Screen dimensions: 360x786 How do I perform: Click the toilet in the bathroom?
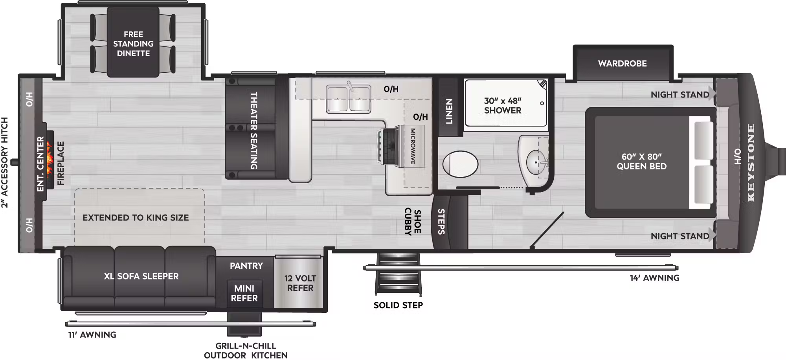tap(460, 164)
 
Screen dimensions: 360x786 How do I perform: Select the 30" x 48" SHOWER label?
tap(503, 106)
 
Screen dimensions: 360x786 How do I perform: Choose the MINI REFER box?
tap(244, 293)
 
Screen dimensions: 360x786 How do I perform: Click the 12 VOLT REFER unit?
tap(300, 283)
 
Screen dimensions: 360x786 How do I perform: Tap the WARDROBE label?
tap(622, 63)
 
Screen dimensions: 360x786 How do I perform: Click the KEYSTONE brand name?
tap(751, 163)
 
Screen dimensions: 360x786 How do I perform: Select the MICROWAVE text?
tap(413, 146)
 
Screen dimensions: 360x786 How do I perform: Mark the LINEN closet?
tap(449, 111)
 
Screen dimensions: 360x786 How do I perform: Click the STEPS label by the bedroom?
tap(441, 222)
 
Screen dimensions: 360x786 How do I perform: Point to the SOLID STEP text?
tap(398, 305)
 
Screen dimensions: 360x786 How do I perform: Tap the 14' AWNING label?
tap(654, 278)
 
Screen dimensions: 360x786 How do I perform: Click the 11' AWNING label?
tap(92, 335)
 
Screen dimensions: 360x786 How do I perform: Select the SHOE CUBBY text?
tap(413, 222)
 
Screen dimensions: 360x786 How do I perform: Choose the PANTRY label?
tap(246, 266)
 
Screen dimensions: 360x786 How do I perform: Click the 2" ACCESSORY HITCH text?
tap(5, 162)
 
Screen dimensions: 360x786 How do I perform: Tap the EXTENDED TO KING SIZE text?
tap(136, 218)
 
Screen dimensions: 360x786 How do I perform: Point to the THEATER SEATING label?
tap(254, 130)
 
